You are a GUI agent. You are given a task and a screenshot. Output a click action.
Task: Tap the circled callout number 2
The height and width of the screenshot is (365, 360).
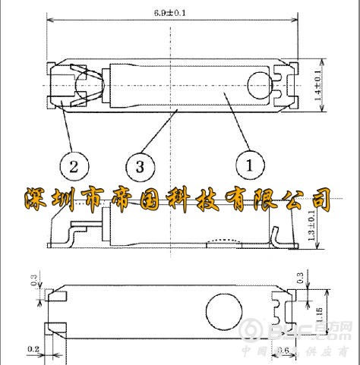[x=71, y=165]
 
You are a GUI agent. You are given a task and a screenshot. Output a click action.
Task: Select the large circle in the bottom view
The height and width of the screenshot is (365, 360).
[x=224, y=311]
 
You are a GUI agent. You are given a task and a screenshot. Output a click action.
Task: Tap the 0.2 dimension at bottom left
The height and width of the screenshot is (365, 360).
[x=33, y=350]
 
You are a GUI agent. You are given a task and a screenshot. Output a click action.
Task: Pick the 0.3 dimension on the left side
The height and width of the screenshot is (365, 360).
[x=33, y=280]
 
